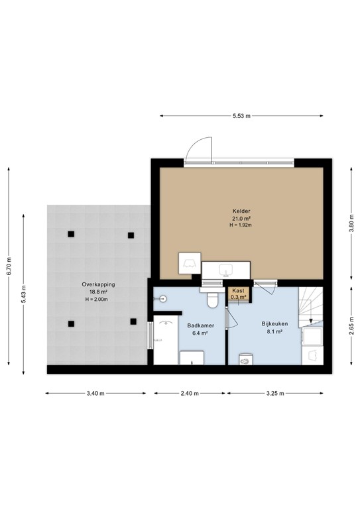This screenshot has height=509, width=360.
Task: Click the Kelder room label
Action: [240, 211]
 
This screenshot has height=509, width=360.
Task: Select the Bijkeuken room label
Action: [272, 324]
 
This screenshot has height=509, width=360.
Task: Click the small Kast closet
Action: [237, 294]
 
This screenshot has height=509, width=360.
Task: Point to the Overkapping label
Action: [98, 284]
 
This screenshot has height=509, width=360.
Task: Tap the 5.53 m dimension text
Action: [241, 116]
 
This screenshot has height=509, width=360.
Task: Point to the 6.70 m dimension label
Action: [9, 265]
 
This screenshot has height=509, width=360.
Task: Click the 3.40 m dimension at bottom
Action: [95, 394]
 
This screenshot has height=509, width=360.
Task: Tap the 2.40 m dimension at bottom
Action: [190, 394]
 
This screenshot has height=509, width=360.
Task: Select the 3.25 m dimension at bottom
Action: [274, 394]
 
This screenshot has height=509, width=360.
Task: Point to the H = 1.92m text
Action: [240, 225]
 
